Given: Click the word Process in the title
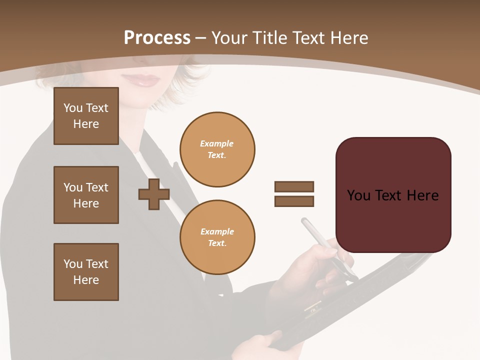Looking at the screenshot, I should click(157, 38).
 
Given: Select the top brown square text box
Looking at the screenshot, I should click(86, 116).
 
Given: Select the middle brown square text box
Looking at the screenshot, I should click(86, 195).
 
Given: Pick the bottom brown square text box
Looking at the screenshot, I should click(86, 272).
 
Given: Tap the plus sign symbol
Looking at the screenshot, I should click(154, 194).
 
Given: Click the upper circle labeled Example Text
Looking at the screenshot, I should click(217, 149).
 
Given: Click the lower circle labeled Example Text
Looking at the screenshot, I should click(217, 237).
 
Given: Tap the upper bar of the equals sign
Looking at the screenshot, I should click(294, 186).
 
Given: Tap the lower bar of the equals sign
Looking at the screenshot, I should click(294, 201).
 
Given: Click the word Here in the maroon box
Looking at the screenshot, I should click(422, 195).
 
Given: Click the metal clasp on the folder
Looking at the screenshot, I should click(313, 307).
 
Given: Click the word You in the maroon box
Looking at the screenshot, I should click(359, 195).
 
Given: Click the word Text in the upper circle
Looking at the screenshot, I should click(216, 155).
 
